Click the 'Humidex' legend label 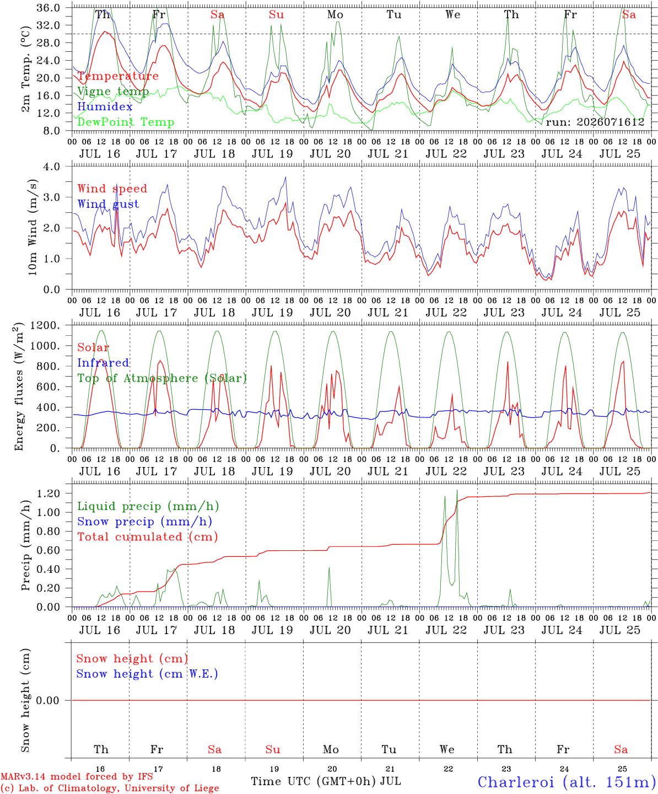pos(105,106)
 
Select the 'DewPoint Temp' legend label pos(126,122)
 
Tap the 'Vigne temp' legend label pos(113,92)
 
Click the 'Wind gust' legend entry pos(109,204)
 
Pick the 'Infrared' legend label pos(103,362)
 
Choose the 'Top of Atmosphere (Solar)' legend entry pos(163,378)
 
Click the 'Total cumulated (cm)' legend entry pos(148,537)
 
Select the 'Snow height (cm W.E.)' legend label pos(147,673)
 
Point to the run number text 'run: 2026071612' pos(595,122)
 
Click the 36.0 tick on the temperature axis pos(48,8)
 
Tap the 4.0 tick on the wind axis pos(51,167)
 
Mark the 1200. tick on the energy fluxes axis pos(45,325)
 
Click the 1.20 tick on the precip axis pos(48,493)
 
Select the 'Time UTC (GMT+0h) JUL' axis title pos(326,781)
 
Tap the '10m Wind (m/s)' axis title pos(33,227)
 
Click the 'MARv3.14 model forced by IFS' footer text pos(77,776)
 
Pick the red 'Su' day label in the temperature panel pos(276,14)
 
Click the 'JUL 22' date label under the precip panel pos(446,630)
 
